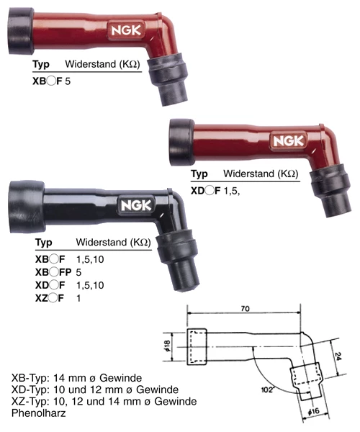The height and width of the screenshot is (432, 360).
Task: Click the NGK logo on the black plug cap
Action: (136, 205)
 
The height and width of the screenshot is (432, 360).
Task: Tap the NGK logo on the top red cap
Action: (126, 30)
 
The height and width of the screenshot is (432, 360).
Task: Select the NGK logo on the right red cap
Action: (289, 141)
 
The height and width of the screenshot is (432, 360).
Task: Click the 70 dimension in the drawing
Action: (245, 308)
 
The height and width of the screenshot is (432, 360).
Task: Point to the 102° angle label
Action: (268, 390)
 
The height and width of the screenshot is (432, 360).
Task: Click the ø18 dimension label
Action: (167, 346)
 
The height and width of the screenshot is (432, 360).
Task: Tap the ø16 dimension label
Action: (314, 412)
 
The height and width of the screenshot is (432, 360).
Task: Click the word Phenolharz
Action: (39, 413)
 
